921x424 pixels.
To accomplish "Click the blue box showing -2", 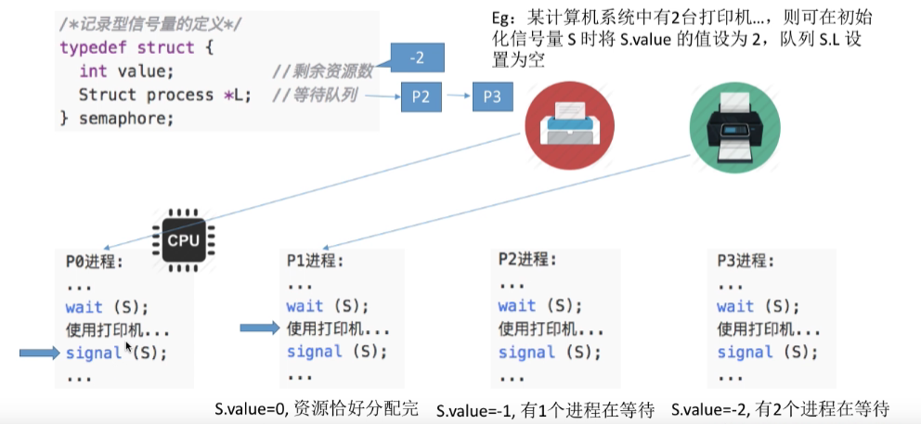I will [417, 58].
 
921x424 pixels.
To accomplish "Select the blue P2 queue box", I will [421, 96].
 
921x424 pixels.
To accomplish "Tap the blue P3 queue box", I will [492, 96].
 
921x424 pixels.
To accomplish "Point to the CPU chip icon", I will [182, 240].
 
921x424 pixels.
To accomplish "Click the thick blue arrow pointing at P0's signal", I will [39, 352].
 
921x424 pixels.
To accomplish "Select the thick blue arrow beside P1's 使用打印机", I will [259, 327].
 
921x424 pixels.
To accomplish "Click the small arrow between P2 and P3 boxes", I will [457, 96].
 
